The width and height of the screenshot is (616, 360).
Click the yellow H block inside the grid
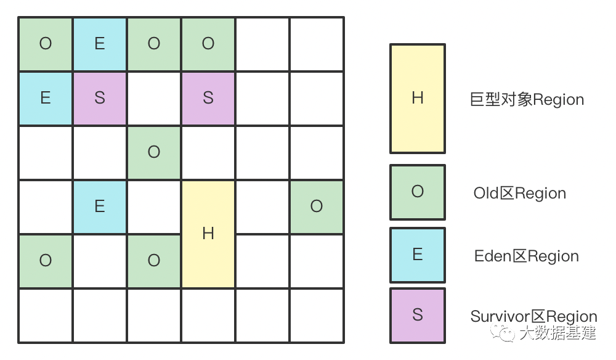click(x=208, y=234)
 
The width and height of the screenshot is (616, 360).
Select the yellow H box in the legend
click(x=417, y=99)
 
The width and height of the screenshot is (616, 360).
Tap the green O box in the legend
click(x=417, y=192)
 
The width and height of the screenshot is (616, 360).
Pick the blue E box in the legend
click(x=417, y=255)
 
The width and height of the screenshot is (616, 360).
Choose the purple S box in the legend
click(x=417, y=315)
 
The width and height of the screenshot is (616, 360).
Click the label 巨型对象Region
click(x=527, y=100)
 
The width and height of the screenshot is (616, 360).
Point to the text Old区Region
click(x=519, y=194)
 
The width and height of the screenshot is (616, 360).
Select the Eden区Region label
click(x=527, y=256)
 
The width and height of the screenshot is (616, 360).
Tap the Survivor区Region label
click(x=533, y=317)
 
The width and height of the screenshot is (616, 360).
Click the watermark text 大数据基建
click(x=557, y=333)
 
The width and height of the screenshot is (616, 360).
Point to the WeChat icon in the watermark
click(x=508, y=333)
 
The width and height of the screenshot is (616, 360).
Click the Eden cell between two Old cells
click(x=100, y=44)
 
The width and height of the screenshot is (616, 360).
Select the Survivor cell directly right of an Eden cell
click(x=100, y=98)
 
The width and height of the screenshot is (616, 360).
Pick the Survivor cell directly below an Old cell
click(x=208, y=98)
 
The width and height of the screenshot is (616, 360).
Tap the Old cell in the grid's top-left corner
click(x=46, y=44)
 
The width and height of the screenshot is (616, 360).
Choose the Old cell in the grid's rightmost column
click(x=317, y=207)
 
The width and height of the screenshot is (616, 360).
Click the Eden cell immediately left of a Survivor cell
click(x=46, y=98)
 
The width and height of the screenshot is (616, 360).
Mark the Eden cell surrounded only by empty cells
click(x=100, y=207)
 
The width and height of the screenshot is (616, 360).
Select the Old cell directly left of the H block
click(x=154, y=261)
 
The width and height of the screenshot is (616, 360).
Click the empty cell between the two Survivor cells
click(x=154, y=98)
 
